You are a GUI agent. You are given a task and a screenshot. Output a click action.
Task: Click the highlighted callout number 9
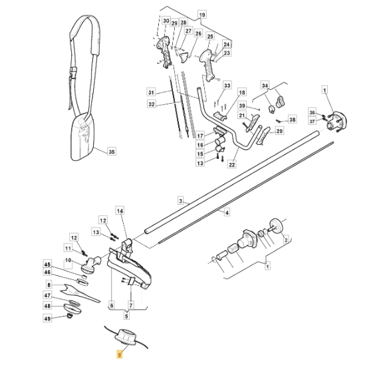pyautogui.click(x=119, y=355)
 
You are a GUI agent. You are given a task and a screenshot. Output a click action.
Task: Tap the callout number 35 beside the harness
pyautogui.click(x=111, y=152)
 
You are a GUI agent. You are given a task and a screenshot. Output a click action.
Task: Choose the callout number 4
pyautogui.click(x=227, y=213)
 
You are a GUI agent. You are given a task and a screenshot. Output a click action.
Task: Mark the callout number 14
pyautogui.click(x=120, y=211)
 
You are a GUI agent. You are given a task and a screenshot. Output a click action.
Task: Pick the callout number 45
pyautogui.click(x=47, y=263)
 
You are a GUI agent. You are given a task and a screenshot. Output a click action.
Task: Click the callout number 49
pyautogui.click(x=47, y=319)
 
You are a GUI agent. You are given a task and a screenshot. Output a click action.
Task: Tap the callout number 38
pyautogui.click(x=291, y=120)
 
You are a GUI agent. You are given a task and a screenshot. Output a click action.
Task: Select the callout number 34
pyautogui.click(x=265, y=86)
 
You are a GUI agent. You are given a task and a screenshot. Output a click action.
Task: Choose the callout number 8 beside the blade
pyautogui.click(x=47, y=284)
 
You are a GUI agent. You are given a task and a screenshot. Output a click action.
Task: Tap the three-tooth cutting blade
pyautogui.click(x=76, y=291)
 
